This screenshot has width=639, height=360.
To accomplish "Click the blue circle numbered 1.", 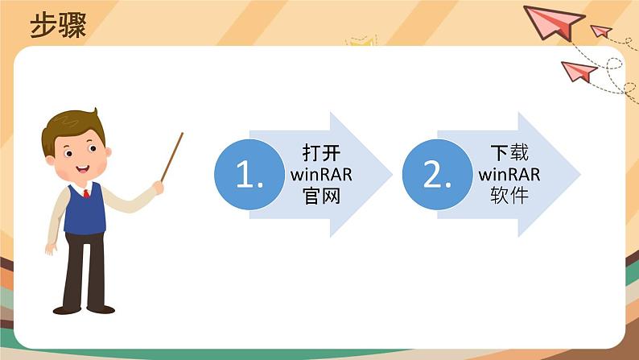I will click(x=249, y=175).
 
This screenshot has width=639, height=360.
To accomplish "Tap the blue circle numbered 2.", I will click(x=437, y=175).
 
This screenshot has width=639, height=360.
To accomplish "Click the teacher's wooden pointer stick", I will click(x=171, y=158).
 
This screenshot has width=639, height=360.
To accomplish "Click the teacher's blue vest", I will click(x=85, y=211).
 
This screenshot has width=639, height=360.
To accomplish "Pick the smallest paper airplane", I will click(x=600, y=31).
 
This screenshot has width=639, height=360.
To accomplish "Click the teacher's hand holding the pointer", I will click(x=158, y=187).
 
